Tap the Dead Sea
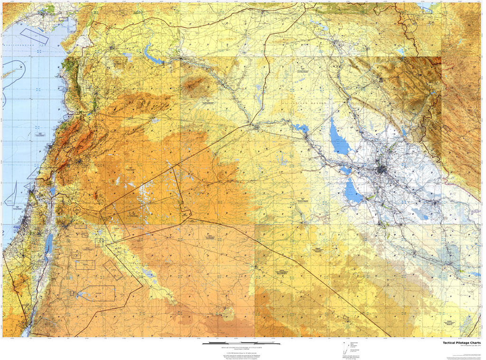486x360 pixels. click(48, 244)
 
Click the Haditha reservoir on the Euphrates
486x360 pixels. click(299, 128)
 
